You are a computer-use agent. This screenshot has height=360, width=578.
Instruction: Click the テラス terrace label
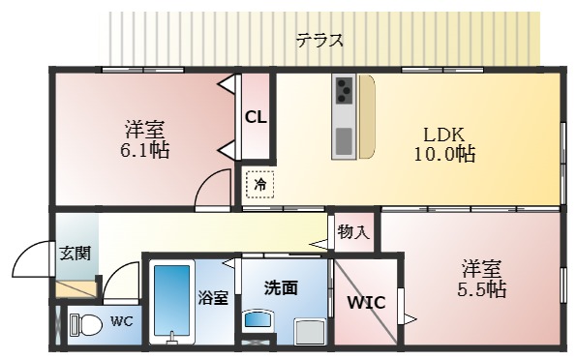point(319,40)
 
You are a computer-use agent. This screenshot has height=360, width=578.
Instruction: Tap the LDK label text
point(444,135)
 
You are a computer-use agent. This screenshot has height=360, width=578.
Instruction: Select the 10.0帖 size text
point(444,154)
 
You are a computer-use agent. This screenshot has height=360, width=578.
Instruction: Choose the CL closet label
point(256,118)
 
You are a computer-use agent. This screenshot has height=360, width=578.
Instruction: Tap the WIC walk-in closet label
point(366,303)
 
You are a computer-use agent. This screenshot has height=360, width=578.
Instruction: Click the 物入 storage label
point(353,232)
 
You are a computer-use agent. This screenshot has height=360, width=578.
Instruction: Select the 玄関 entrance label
point(75,254)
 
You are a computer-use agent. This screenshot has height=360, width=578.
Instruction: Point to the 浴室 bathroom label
point(213,297)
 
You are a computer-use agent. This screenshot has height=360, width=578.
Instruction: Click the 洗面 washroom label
point(280,287)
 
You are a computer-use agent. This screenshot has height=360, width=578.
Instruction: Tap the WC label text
point(121,320)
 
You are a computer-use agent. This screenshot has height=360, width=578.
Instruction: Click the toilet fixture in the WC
point(85,324)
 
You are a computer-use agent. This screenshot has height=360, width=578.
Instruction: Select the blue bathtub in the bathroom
point(173,300)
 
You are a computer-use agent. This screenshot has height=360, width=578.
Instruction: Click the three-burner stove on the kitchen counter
point(344,91)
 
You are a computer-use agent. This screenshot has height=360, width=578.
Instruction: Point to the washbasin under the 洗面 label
point(258,320)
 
